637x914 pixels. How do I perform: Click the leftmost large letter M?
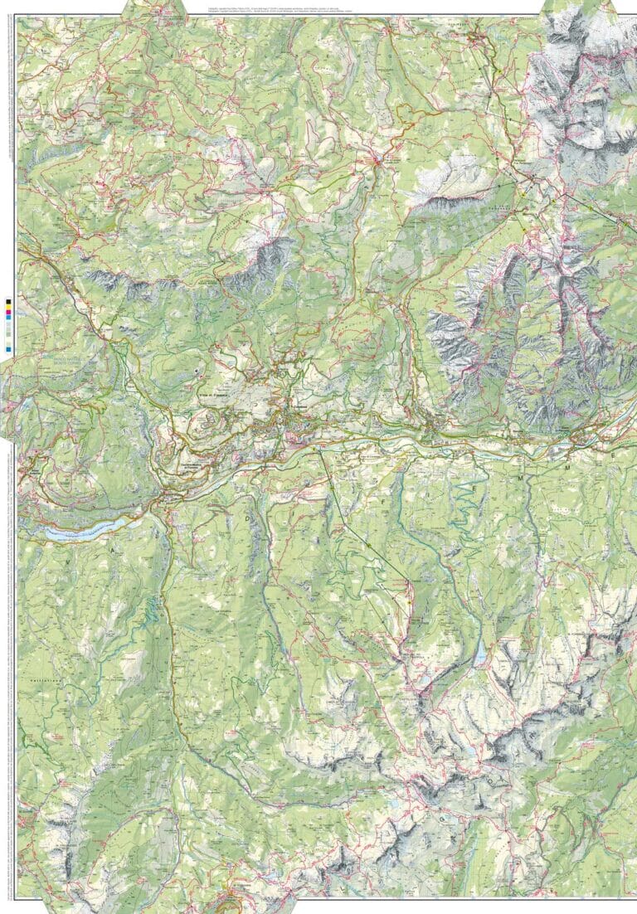[x=520, y=479]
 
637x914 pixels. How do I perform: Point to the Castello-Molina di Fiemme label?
[x=197, y=470]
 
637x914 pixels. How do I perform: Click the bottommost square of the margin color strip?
[x=8, y=349]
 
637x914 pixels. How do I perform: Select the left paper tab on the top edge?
[x=154, y=8]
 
